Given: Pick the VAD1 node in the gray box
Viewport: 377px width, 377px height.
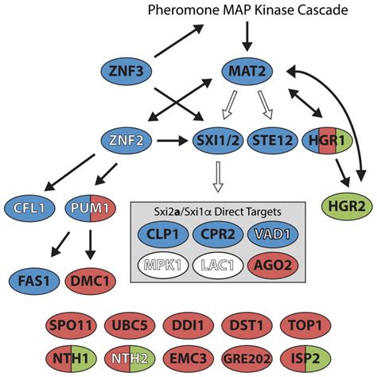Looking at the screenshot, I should click(x=274, y=234).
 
